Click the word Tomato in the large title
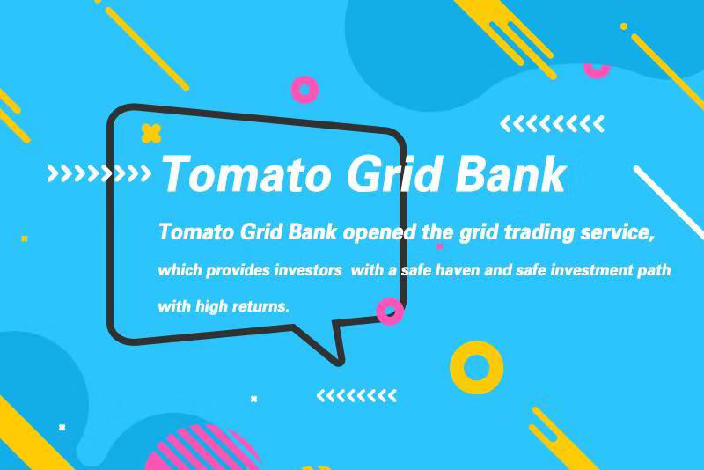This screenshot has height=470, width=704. [246, 173]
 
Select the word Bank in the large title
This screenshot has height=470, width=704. [510, 173]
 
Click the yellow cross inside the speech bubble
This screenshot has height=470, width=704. [151, 133]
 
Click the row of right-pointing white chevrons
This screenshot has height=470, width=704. [99, 173]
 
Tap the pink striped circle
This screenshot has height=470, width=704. [202, 449]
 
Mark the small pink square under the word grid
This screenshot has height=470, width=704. [440, 246]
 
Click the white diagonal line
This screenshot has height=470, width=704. [669, 202]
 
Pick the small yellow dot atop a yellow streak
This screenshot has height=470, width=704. [624, 26]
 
